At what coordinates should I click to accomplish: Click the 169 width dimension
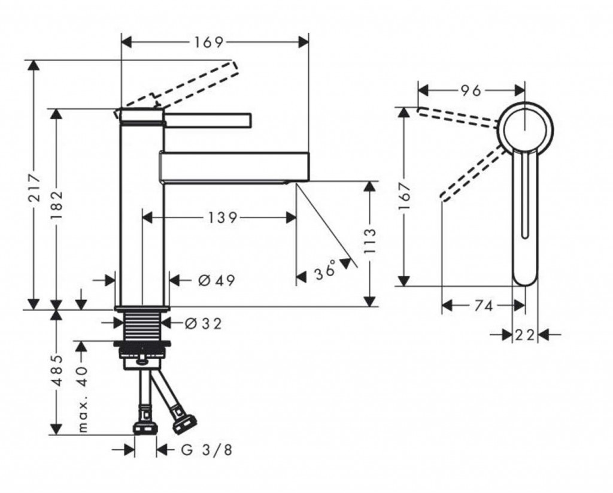click(209, 42)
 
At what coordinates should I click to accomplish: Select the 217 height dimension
click(35, 188)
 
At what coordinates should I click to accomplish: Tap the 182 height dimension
click(57, 205)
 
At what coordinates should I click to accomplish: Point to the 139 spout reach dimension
click(222, 217)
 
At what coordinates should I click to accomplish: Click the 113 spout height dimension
click(370, 241)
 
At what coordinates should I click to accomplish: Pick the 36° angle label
click(325, 270)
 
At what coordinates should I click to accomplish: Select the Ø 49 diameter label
click(216, 280)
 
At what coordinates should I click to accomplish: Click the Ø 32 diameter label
click(203, 323)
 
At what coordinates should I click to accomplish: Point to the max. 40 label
click(83, 399)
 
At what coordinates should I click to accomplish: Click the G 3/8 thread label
click(207, 450)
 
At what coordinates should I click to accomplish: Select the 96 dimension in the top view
click(471, 91)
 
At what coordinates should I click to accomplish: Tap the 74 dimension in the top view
click(483, 306)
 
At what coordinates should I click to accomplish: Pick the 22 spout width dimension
click(524, 335)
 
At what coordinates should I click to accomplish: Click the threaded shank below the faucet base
click(142, 325)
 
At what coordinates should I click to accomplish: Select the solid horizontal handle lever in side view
click(207, 120)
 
